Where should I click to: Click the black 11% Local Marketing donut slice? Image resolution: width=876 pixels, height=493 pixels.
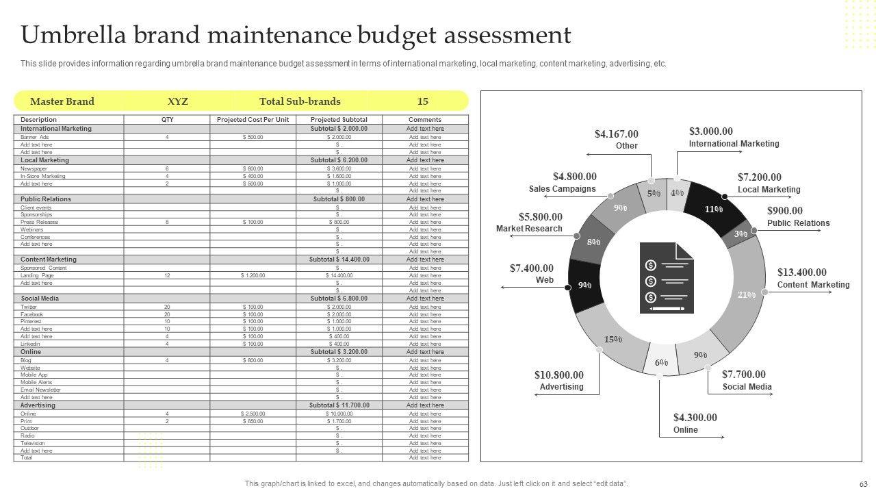point(714,209)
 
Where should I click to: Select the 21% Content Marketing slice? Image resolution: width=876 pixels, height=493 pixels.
point(746,294)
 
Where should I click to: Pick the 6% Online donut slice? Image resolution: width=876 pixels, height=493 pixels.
point(661,362)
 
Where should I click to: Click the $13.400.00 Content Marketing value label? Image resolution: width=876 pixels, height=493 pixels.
point(801,273)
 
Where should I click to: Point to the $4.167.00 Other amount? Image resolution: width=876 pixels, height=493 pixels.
point(616,134)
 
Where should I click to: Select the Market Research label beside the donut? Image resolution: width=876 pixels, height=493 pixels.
point(529,229)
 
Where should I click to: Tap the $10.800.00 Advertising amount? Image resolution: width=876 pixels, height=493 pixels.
point(559,375)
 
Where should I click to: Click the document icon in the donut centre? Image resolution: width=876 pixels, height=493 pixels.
point(666,278)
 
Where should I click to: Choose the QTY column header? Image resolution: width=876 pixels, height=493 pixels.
point(167,120)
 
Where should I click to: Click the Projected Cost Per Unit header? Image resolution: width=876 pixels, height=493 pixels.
point(253,120)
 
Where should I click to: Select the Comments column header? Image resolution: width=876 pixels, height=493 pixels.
point(425,120)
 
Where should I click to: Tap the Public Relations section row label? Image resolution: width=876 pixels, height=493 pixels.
point(46,199)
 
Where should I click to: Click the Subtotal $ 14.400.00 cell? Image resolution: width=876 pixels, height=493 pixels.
point(339,260)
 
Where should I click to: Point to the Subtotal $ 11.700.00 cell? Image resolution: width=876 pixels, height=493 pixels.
point(339,405)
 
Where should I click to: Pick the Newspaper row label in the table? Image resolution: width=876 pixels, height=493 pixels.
point(34,168)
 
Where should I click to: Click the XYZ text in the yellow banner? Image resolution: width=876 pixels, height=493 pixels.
point(178,101)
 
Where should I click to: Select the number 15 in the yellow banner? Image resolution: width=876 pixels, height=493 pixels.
point(423,101)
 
